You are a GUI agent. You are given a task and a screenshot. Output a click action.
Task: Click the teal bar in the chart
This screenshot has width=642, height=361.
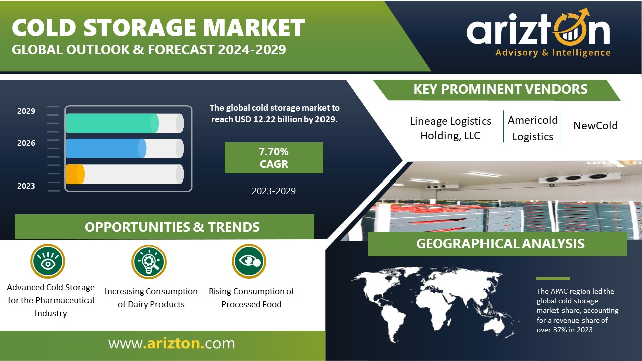coord(112,123)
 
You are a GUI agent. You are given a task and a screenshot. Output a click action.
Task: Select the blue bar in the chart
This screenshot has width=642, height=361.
coord(106,149)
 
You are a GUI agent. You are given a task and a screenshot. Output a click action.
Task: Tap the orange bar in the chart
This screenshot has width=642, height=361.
coord(75,174)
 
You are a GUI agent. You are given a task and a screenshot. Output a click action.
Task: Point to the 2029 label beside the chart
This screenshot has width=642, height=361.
coord(26,111)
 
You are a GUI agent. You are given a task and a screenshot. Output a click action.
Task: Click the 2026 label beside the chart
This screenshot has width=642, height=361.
coord(26,143)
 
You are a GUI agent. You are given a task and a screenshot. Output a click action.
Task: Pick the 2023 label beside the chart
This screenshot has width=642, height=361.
coord(26,186)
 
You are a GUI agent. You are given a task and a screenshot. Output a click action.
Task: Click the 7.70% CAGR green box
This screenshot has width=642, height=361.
coord(274,158)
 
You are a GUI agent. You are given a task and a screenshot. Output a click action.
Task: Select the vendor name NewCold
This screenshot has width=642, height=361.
coord(595,125)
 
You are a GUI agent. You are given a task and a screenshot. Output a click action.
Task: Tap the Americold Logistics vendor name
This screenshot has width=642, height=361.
coord(533,128)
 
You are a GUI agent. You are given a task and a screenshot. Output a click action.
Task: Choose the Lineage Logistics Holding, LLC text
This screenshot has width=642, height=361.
coord(450,128)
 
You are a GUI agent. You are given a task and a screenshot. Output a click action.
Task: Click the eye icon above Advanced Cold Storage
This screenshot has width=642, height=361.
coord(48,261)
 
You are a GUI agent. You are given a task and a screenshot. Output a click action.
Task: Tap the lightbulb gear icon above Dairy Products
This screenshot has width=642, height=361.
coord(149,262)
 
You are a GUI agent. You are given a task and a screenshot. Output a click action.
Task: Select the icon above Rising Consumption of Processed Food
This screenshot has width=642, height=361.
coord(249,261)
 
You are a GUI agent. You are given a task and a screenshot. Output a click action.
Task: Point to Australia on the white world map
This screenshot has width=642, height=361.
coord(492,326)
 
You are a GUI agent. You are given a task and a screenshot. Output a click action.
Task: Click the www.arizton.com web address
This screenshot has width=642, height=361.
coord(172,343)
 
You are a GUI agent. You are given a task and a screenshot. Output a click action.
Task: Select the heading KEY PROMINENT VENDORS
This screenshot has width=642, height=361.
coord(501,89)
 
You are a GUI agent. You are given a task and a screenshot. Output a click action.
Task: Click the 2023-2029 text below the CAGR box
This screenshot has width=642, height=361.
coord(274,191)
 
